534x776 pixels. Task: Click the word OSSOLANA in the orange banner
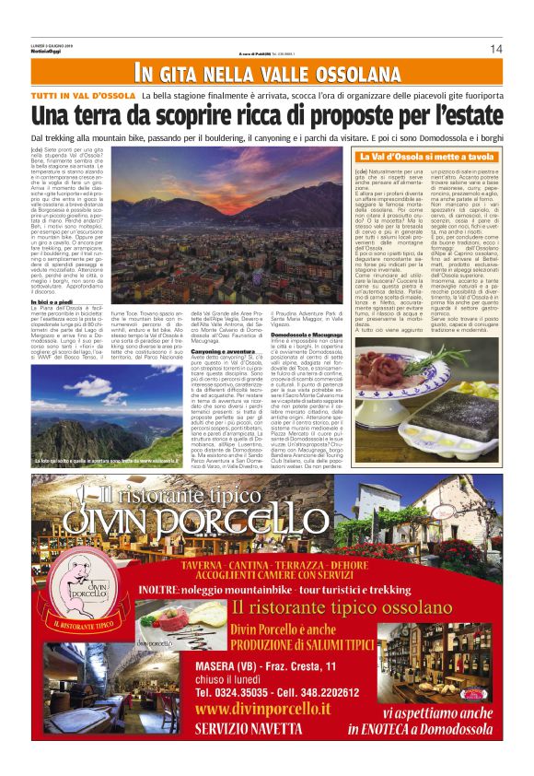coord(337,73)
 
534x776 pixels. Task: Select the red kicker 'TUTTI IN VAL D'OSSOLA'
coord(83,96)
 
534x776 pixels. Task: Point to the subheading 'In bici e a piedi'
coord(52,275)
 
